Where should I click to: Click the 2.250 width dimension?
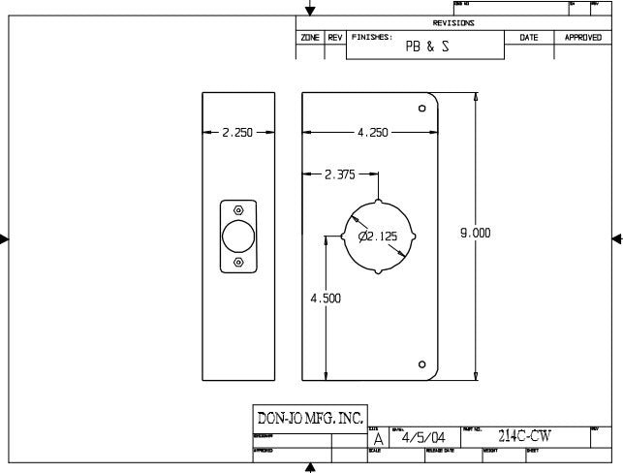(x=237, y=133)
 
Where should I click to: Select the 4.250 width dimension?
(x=372, y=133)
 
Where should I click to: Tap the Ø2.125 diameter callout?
(x=377, y=236)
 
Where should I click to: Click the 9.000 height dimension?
(x=475, y=233)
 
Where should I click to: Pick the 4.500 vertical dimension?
(x=326, y=300)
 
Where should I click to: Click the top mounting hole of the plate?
(x=421, y=108)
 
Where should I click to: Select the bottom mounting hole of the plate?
(x=421, y=364)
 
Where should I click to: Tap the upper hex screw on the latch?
(x=238, y=208)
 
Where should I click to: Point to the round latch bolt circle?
(x=238, y=236)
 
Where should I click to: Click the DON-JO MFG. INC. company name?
(x=309, y=419)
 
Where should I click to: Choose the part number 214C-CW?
(x=524, y=436)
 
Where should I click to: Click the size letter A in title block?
(x=377, y=438)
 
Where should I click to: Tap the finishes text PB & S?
(x=426, y=46)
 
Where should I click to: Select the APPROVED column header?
(x=582, y=37)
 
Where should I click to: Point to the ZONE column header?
(x=310, y=37)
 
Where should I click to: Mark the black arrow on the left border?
(x=6, y=238)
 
